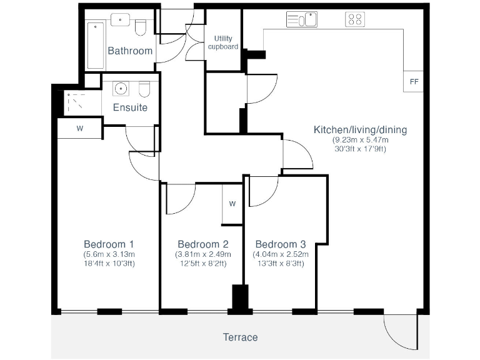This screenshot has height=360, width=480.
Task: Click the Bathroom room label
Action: click(130, 51)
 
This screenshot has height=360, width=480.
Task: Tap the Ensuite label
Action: click(130, 107)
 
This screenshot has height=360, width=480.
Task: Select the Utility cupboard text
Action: click(223, 42)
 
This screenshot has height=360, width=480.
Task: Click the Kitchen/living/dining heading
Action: click(360, 130)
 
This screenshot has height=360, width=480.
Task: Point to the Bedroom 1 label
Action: click(109, 244)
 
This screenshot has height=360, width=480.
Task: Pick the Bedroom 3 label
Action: click(281, 244)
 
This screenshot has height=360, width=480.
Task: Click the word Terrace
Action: click(240, 337)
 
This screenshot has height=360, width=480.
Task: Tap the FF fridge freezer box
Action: click(414, 82)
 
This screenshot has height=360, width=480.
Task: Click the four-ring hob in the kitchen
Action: click(355, 20)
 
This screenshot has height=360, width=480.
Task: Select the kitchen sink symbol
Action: click(302, 20)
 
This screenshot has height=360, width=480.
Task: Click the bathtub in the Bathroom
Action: click(96, 45)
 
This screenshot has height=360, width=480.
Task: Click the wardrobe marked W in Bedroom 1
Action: click(79, 129)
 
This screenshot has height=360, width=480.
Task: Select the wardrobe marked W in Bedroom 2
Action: click(232, 203)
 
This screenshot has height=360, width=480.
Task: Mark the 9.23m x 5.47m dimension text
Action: click(360, 140)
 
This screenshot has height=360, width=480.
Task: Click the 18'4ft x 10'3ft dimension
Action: click(109, 264)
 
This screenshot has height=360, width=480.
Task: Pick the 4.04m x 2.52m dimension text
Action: click(281, 254)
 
